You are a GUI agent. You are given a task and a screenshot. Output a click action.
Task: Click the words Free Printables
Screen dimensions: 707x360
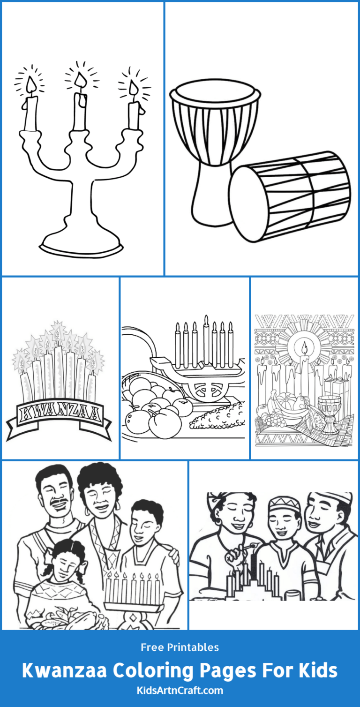(x=180, y=647)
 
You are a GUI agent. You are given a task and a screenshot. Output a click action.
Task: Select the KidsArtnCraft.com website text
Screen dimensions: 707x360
(x=180, y=691)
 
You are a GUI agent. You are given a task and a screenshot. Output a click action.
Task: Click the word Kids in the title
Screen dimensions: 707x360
(x=313, y=670)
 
